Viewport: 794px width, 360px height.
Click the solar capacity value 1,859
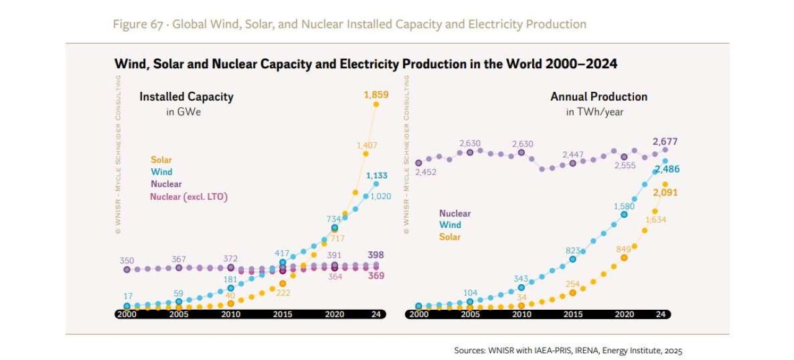(375, 95)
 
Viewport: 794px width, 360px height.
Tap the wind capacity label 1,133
(376, 176)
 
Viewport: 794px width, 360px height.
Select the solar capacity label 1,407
(367, 145)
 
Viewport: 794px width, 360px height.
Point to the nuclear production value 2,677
(665, 142)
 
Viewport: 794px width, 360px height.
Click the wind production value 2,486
(666, 169)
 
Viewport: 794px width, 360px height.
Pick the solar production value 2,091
(664, 192)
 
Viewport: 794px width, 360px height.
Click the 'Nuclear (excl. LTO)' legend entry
(189, 197)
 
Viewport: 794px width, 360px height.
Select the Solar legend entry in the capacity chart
(161, 160)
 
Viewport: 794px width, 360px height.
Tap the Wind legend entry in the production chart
(450, 225)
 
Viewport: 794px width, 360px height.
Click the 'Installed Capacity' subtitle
(186, 97)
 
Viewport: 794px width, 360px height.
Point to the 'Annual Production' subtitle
(599, 97)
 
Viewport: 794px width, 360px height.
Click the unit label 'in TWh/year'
(594, 112)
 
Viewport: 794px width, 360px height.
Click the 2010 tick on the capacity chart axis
(231, 315)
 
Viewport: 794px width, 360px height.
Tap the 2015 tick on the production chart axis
(573, 315)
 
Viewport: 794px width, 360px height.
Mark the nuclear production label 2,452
(426, 172)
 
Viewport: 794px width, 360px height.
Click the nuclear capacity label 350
(127, 261)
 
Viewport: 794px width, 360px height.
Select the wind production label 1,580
(624, 206)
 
